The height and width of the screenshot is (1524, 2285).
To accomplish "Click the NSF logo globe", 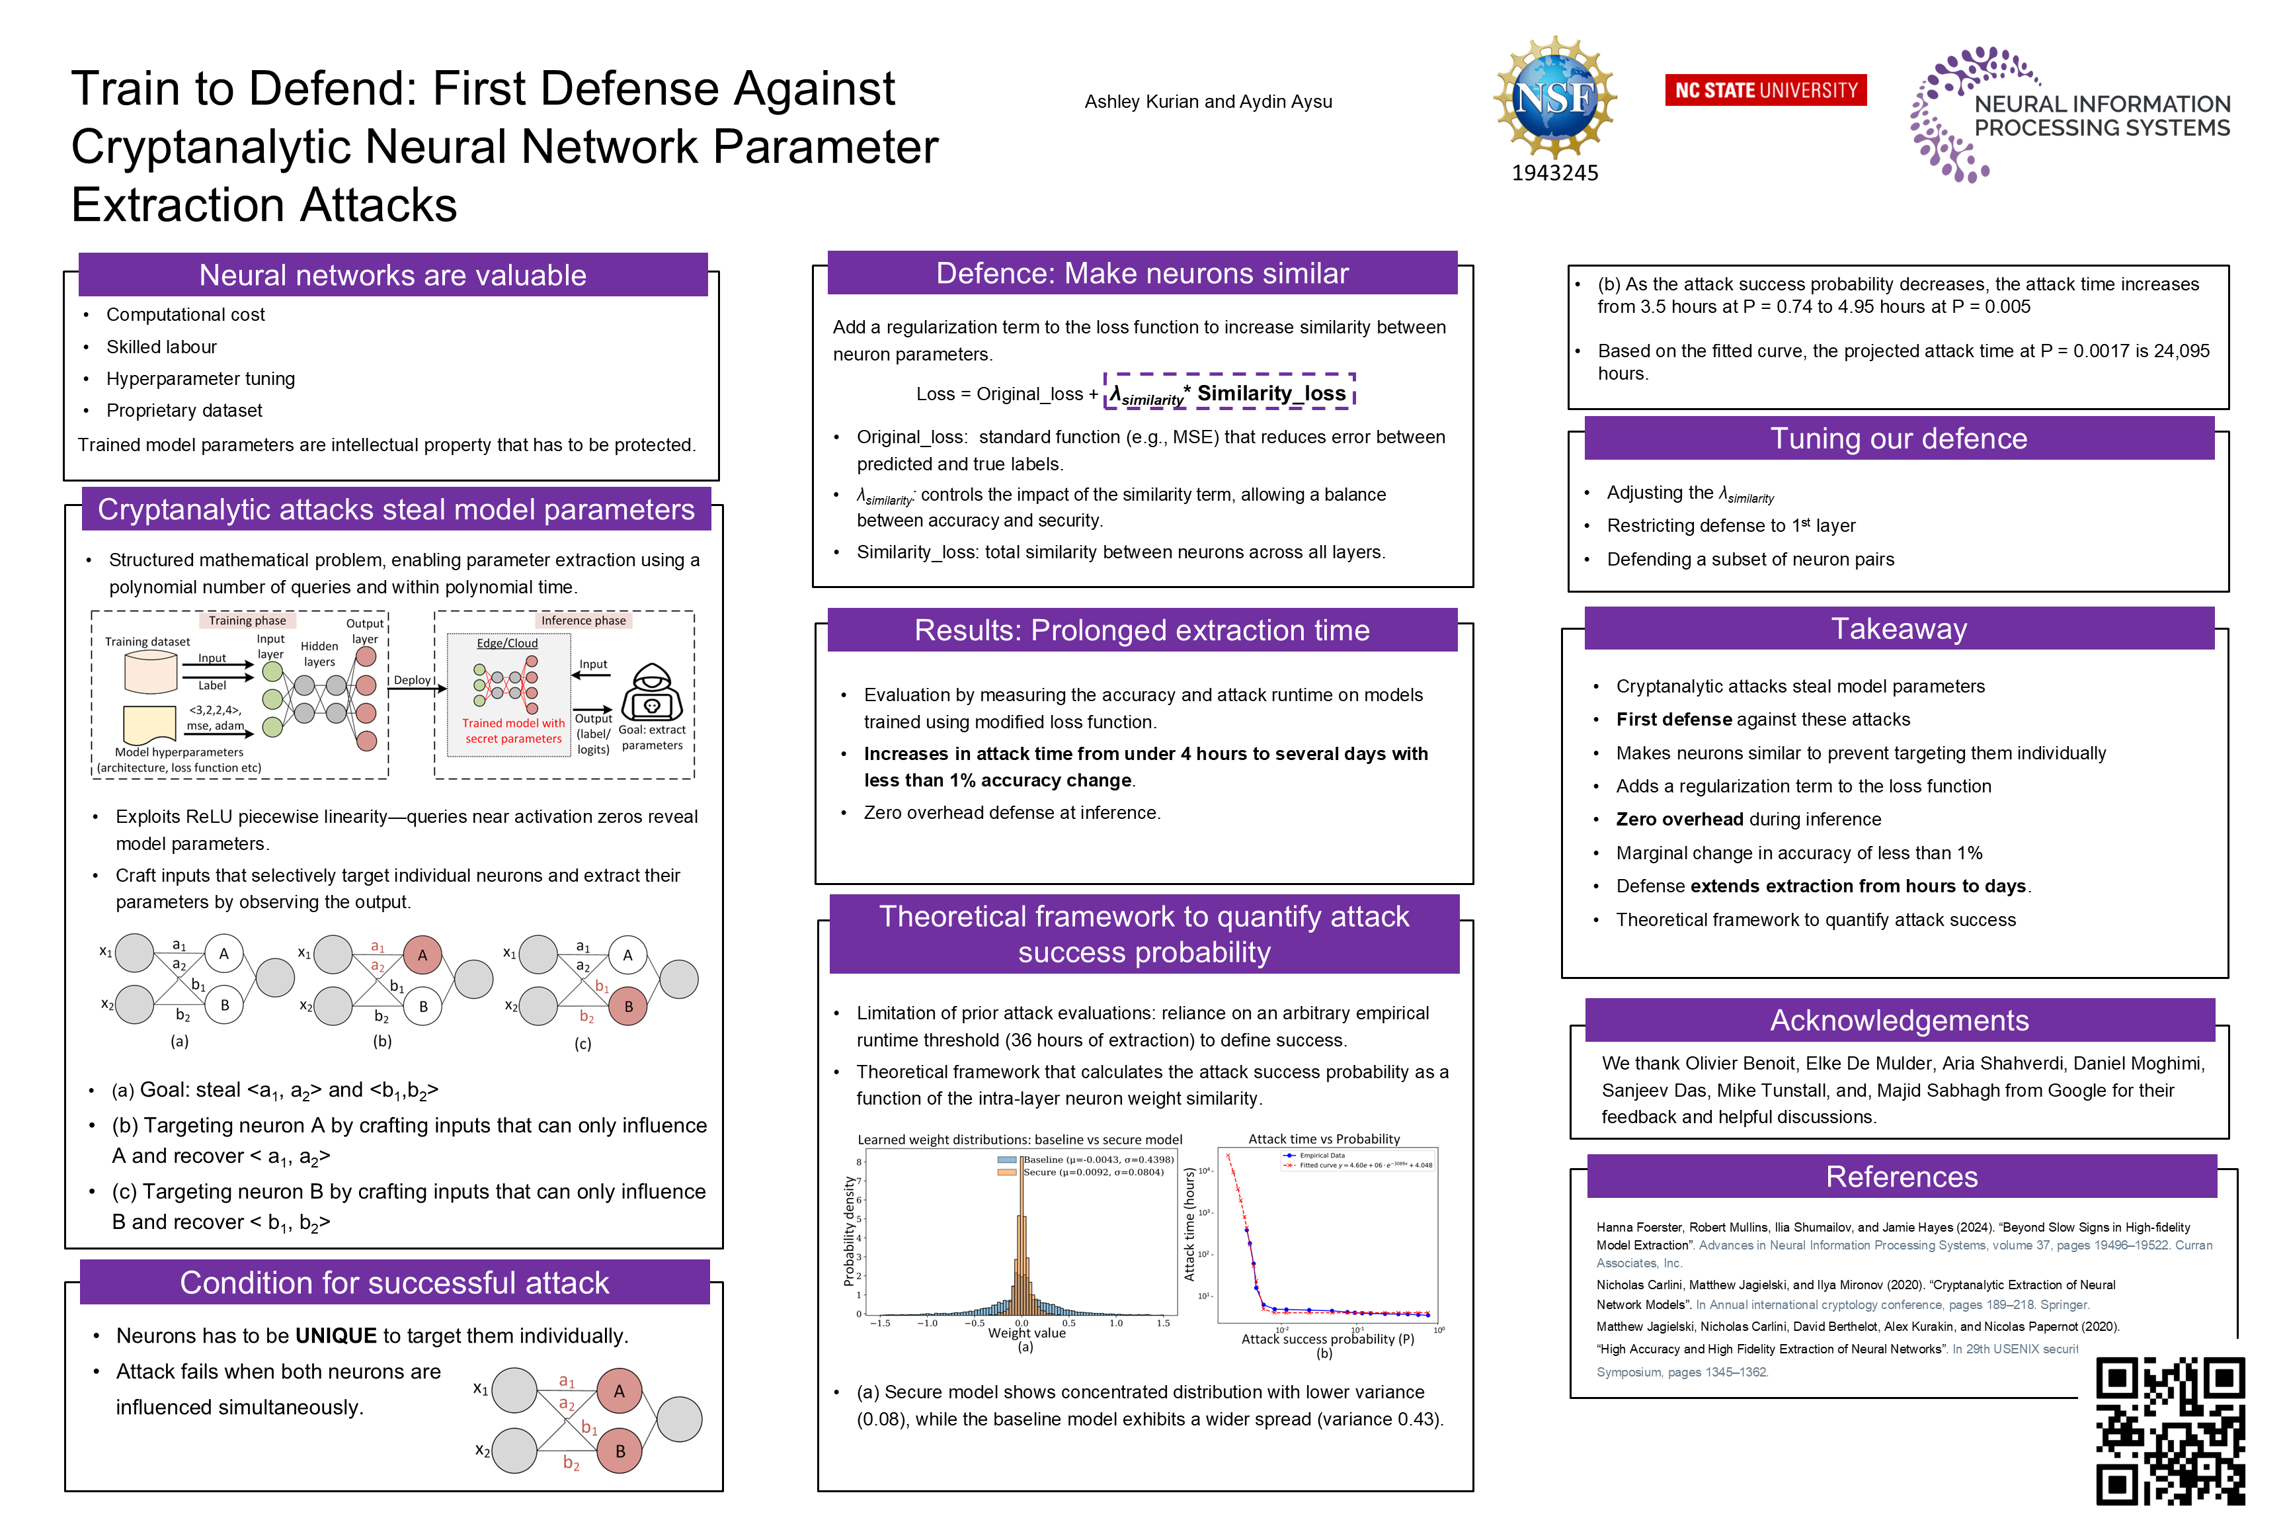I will tap(1554, 97).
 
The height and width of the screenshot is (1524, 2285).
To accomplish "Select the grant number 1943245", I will tap(1554, 173).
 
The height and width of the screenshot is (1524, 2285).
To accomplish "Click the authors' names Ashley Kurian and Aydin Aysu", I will tap(1207, 102).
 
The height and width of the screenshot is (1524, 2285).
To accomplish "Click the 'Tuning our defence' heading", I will tap(1898, 439).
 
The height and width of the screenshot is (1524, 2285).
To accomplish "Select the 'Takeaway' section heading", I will tap(1898, 629).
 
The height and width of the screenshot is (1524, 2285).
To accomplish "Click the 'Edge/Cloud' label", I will tap(507, 644).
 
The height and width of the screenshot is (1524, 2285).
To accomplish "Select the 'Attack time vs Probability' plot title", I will tap(1323, 1138).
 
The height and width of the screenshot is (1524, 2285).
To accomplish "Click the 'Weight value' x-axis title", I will tap(1026, 1333).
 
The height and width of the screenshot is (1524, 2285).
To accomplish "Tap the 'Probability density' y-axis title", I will tap(849, 1230).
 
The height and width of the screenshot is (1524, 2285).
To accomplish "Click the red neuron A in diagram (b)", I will tap(422, 954).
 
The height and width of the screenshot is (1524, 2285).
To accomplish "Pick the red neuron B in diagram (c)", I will tap(627, 1006).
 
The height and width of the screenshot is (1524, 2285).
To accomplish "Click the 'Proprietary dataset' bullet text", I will tap(184, 410).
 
